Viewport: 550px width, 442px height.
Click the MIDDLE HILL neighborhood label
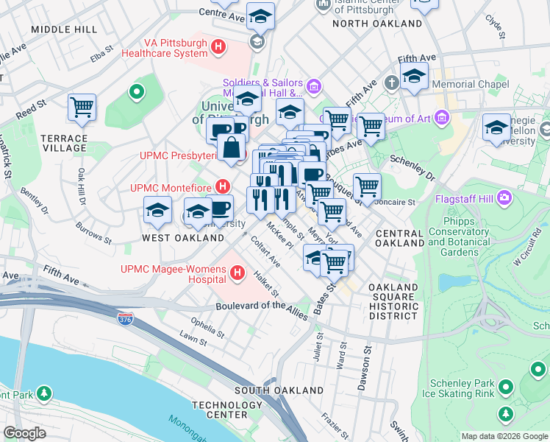(x=63, y=29)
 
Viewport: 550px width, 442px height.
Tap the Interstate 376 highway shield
(x=125, y=318)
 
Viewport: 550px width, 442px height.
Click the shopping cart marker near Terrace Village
(x=82, y=108)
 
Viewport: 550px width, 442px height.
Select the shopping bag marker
(x=232, y=147)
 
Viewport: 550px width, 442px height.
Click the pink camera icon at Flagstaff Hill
(x=504, y=197)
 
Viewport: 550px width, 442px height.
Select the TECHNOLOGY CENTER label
(x=227, y=410)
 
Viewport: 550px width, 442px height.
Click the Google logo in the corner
(x=24, y=433)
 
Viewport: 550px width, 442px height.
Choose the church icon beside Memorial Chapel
(x=390, y=82)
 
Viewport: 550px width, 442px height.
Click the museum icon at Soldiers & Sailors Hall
(x=314, y=88)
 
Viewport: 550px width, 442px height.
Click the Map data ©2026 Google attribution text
(x=504, y=436)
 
